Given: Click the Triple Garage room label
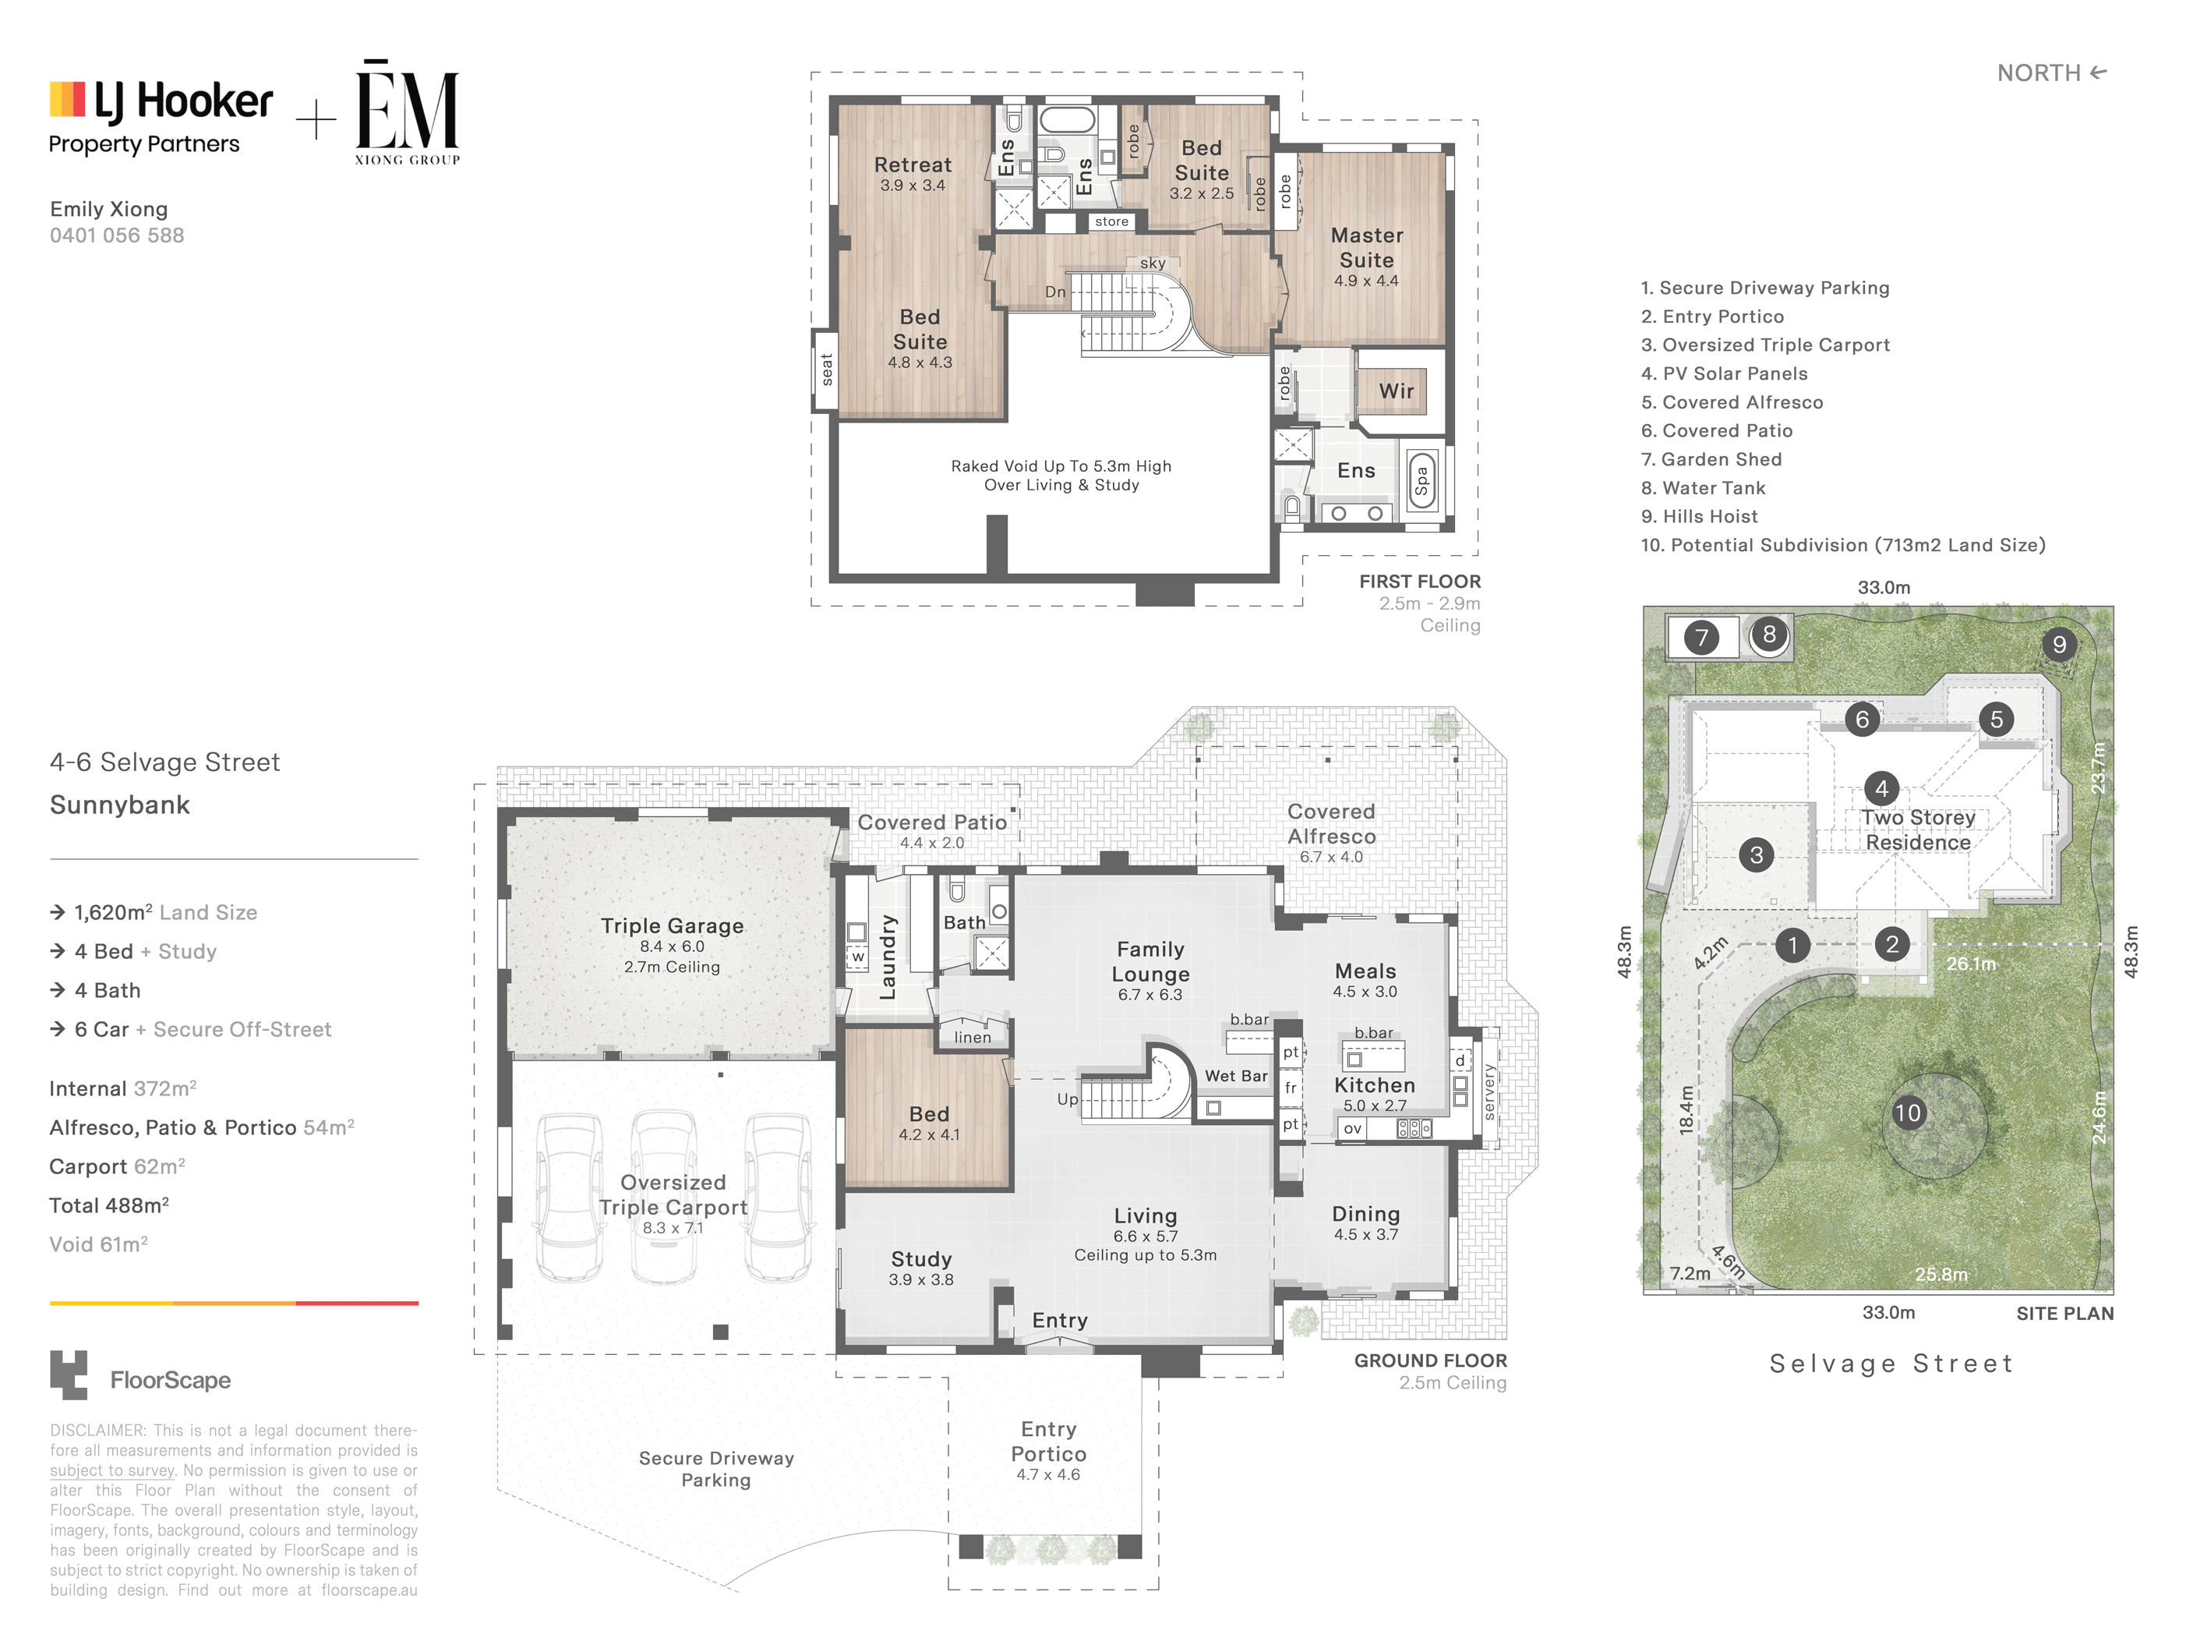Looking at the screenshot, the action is click(x=673, y=925).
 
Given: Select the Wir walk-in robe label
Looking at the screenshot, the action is click(x=1396, y=391).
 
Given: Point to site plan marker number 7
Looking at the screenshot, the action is click(x=1701, y=637).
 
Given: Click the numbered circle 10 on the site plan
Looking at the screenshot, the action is click(x=1908, y=1113).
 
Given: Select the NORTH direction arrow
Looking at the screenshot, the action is click(x=2098, y=73).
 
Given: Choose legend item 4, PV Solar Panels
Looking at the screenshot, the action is click(x=1724, y=373).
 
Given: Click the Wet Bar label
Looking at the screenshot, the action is click(x=1235, y=1076).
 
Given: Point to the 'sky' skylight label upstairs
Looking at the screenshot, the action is click(x=1152, y=263).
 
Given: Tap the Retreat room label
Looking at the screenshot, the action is click(x=912, y=164).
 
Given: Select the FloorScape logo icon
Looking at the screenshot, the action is click(x=69, y=1375).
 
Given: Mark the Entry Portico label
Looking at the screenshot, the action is click(x=1048, y=1442).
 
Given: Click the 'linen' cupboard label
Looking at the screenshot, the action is click(x=973, y=1037).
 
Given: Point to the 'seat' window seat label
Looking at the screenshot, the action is click(x=827, y=369).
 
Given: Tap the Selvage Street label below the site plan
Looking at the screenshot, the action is click(x=1891, y=1364).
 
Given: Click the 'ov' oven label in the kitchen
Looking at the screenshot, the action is click(x=1352, y=1128).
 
